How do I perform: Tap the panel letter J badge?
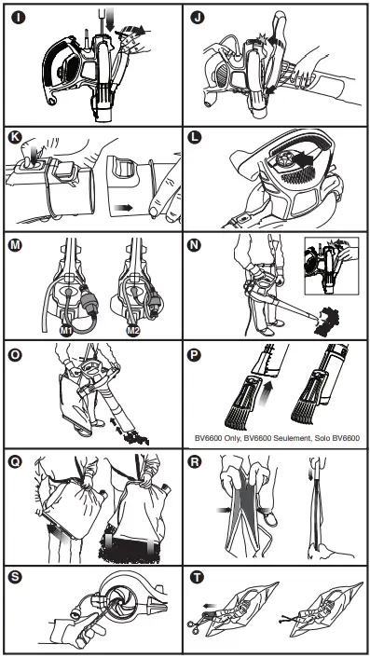click(x=196, y=18)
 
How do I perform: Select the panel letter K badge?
click(x=15, y=138)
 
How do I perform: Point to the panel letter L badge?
click(x=194, y=138)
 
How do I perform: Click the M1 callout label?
click(x=64, y=331)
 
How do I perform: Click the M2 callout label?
click(x=133, y=331)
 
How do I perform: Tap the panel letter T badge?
click(x=196, y=578)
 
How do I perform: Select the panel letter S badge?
click(x=16, y=578)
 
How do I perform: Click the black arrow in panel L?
click(x=303, y=160)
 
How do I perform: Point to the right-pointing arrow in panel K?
click(x=124, y=207)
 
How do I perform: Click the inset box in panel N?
click(x=332, y=266)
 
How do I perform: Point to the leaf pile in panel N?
click(x=327, y=321)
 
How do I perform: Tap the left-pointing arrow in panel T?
click(x=209, y=606)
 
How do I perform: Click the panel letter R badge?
click(x=195, y=462)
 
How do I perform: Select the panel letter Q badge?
click(x=15, y=462)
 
